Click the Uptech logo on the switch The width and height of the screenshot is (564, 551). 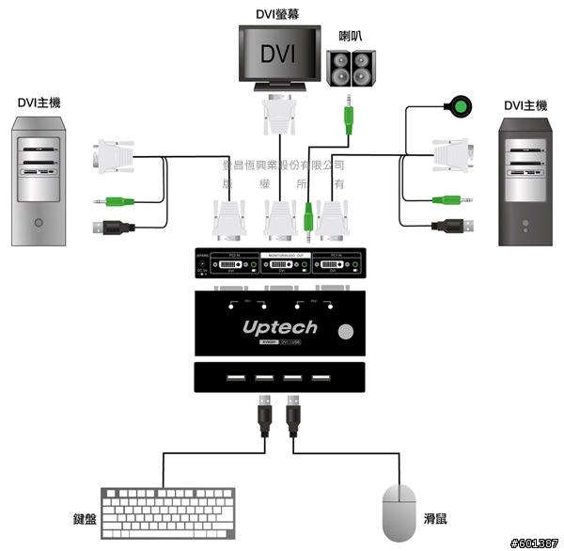click(x=280, y=328)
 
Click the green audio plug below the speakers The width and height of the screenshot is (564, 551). click(x=348, y=118)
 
